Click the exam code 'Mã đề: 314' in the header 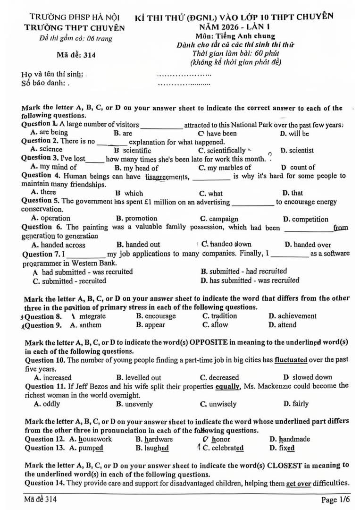[x=76, y=55]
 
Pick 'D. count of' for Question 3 [x=298, y=168]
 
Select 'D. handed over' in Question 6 [x=308, y=245]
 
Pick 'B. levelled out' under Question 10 [x=138, y=378]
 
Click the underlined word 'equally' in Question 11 [x=228, y=386]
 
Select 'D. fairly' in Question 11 [x=296, y=404]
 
